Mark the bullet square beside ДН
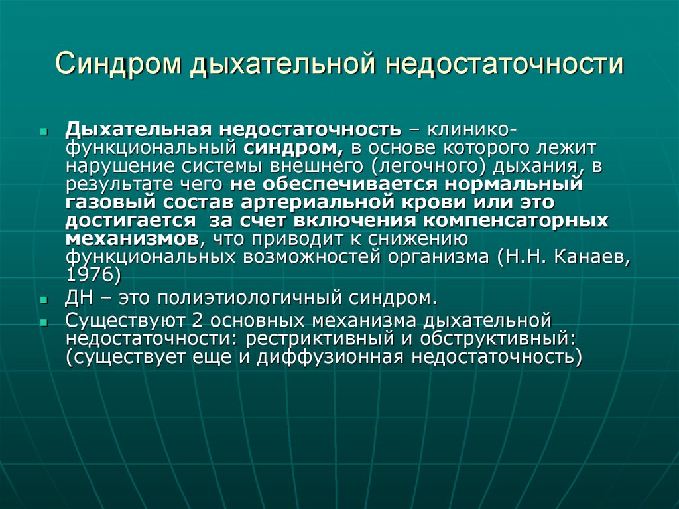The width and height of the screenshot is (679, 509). (x=44, y=299)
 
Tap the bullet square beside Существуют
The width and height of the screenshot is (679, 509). (x=44, y=323)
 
